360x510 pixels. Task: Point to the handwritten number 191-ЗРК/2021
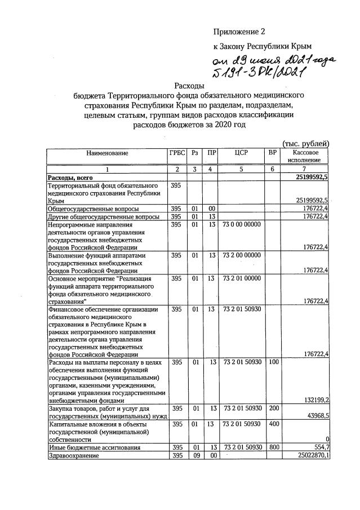coord(256,73)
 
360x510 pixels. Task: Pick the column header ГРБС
coord(176,153)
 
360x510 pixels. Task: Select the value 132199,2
coord(315,400)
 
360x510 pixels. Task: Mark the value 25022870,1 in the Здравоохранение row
coord(310,455)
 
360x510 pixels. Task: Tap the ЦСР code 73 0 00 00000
coord(242,224)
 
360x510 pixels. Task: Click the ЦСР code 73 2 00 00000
coord(242,255)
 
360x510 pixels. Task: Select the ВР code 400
coord(273,424)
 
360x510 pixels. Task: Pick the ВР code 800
coord(273,447)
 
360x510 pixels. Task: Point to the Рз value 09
coord(195,455)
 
